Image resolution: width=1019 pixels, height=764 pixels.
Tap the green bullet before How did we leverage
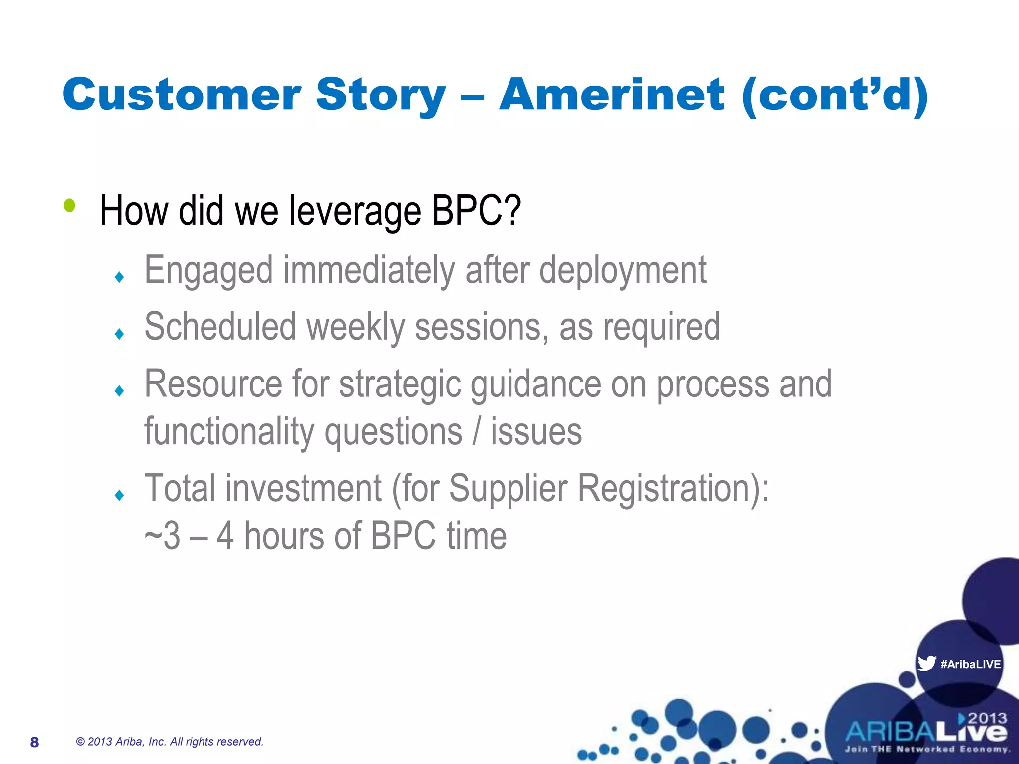69,205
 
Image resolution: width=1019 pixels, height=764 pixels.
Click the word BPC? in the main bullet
476,211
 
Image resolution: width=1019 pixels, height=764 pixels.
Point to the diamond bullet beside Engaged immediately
119,277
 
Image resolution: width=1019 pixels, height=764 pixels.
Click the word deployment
622,271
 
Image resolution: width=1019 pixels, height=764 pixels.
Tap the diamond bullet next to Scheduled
119,334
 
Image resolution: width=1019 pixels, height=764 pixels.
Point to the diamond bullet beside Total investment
119,495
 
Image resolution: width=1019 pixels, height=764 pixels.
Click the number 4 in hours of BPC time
225,536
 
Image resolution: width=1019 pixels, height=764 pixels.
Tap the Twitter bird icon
926,663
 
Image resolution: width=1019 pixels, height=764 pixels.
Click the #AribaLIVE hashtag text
970,664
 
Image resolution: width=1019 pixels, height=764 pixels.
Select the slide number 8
34,742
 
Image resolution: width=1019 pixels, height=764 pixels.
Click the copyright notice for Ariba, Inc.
169,742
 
